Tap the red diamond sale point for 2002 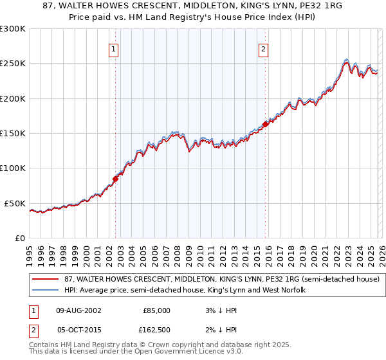116,179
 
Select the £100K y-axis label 13,168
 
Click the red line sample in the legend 46,280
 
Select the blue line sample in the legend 46,291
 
